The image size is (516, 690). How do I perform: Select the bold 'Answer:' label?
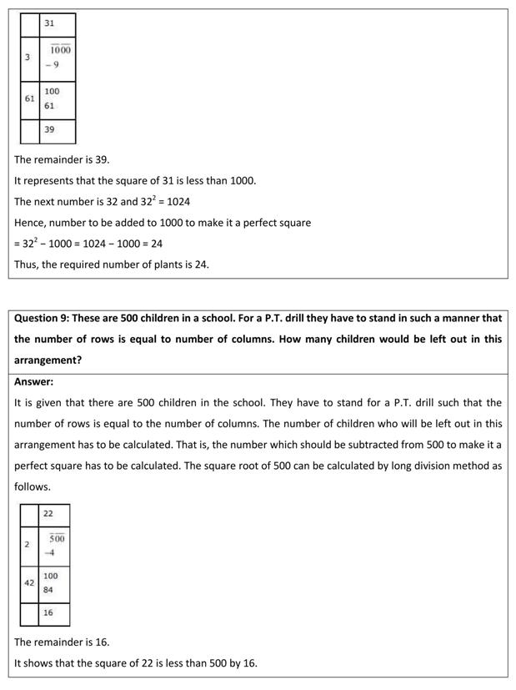33,381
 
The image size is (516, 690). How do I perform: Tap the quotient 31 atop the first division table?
50,23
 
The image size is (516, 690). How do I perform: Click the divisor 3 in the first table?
28,58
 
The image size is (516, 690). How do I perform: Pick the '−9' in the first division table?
52,65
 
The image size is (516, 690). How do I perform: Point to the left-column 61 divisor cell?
29,98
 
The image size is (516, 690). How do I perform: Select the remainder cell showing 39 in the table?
50,129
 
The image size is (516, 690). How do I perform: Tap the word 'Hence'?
30,223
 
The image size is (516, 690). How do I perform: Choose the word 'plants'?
163,264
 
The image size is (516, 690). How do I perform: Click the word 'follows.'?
33,486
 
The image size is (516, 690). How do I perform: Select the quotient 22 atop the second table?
48,514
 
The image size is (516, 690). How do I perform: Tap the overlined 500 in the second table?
57,538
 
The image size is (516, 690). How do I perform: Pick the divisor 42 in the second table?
29,583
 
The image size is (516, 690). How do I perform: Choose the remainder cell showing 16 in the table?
48,612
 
